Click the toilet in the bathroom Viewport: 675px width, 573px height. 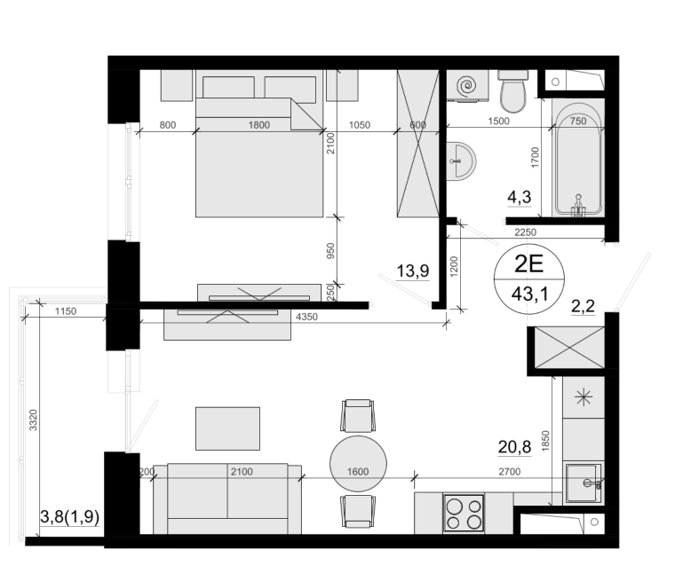click(513, 91)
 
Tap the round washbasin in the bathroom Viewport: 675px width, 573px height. click(462, 161)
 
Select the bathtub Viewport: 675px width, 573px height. click(578, 160)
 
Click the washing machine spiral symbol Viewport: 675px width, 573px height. click(467, 85)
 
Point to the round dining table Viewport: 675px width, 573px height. click(358, 464)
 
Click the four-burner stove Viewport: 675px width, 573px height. click(464, 513)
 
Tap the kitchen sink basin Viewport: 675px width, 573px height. click(584, 483)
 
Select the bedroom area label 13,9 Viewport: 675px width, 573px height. click(413, 271)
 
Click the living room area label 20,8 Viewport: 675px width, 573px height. click(514, 447)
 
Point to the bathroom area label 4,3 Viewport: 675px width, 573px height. click(520, 197)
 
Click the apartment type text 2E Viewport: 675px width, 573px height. click(529, 264)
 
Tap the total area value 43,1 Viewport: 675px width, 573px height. click(529, 294)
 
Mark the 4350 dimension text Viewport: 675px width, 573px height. click(307, 317)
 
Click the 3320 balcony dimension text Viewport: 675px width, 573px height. click(33, 420)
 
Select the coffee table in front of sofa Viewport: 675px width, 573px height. click(227, 428)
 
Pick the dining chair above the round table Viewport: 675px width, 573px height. click(358, 415)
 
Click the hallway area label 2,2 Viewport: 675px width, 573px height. click(583, 306)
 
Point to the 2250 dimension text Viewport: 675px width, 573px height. click(526, 232)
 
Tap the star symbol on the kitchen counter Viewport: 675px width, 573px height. click(584, 397)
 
